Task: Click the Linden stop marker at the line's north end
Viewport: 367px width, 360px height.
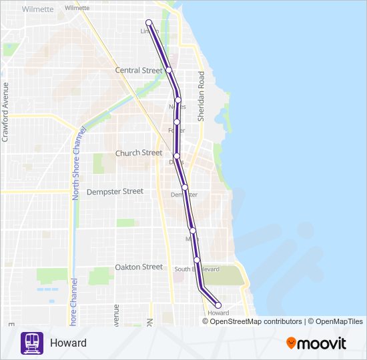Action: [149, 24]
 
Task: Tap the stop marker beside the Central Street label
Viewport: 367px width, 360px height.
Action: [169, 70]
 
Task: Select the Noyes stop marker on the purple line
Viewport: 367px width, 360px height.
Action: [178, 99]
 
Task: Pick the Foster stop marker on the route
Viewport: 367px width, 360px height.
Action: [177, 121]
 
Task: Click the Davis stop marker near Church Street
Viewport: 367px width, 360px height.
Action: [177, 155]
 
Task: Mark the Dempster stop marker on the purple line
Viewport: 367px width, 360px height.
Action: [185, 187]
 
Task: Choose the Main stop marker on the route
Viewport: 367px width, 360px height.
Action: [193, 231]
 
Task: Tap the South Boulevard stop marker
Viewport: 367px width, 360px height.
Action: [197, 260]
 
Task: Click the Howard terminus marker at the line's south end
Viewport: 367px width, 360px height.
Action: [218, 305]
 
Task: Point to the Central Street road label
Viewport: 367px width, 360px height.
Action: [139, 71]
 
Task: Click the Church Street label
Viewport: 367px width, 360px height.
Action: [139, 153]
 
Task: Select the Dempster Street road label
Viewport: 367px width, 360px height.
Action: [115, 191]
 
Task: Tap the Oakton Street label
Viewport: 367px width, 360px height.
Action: [139, 267]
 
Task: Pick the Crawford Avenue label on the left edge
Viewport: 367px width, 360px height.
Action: [5, 112]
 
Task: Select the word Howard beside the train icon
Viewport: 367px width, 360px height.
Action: [68, 343]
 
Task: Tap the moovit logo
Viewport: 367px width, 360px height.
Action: [316, 343]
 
